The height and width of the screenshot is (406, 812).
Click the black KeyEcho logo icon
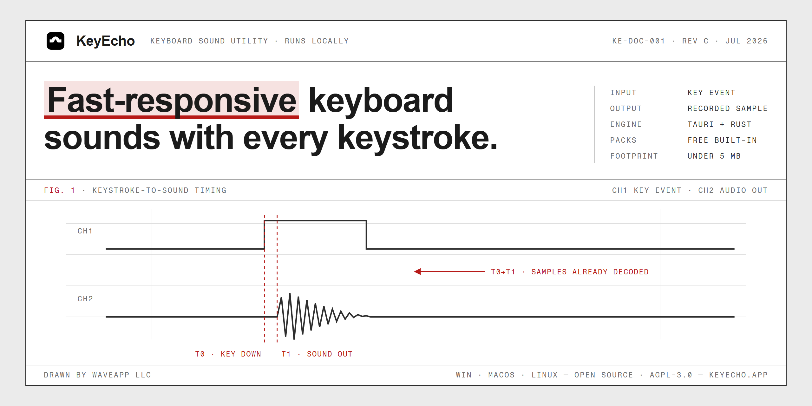click(56, 41)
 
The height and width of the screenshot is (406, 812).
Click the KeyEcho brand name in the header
click(106, 41)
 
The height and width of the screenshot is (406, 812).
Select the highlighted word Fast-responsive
click(172, 100)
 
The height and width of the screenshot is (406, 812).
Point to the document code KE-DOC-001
click(638, 41)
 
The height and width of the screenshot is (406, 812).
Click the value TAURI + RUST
click(719, 124)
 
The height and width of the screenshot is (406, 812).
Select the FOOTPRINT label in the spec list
click(634, 156)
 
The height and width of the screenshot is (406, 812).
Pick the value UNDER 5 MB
click(714, 156)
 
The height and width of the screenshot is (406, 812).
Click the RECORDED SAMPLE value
click(727, 108)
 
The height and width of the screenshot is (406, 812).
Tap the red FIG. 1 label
click(60, 190)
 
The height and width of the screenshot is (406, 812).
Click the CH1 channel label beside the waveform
click(85, 231)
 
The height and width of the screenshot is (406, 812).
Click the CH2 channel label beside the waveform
click(85, 299)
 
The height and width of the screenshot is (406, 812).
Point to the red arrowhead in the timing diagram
click(417, 272)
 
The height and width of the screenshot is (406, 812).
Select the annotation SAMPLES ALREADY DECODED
click(590, 272)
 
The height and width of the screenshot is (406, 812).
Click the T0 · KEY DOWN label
click(228, 354)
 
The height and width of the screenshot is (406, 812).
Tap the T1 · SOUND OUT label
click(317, 354)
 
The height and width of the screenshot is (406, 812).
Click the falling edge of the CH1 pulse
click(366, 235)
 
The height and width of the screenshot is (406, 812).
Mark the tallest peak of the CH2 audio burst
click(290, 294)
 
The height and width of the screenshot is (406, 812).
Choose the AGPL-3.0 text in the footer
click(671, 375)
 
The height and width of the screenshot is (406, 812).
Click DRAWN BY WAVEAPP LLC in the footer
click(97, 375)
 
